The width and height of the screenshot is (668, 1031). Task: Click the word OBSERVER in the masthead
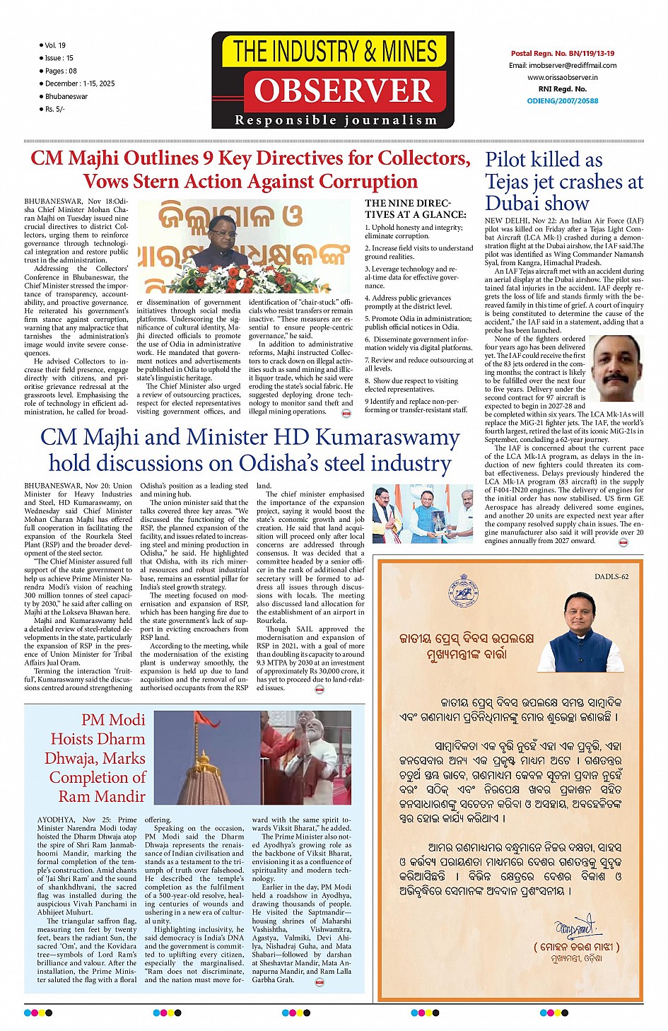coord(344,91)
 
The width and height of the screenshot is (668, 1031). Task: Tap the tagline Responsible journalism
coord(336,120)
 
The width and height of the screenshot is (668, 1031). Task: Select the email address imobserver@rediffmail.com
coord(563,65)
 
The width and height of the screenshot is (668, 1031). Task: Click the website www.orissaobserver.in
coord(563,77)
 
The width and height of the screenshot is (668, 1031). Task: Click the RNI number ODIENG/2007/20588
coord(563,100)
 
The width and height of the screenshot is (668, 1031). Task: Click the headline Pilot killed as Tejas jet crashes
coord(563,181)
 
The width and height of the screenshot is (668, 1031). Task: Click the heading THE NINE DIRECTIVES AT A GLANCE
coord(416,209)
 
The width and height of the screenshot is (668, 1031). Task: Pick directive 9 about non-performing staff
coord(417,405)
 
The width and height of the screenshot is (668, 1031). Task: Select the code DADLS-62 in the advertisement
coord(611,576)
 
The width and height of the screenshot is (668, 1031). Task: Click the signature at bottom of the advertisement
coord(575,927)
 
